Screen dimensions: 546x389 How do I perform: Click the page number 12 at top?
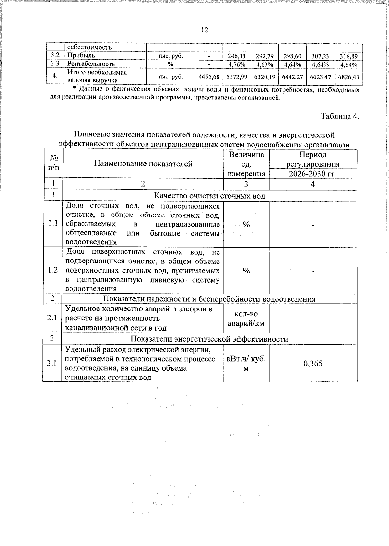[204, 30]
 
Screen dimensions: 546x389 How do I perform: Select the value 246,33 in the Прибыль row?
[237, 56]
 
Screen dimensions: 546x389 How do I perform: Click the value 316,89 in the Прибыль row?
[348, 56]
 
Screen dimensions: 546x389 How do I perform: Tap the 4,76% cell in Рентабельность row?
[237, 64]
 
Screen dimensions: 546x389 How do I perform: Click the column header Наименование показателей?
[143, 164]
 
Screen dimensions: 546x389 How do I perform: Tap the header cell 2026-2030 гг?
[313, 174]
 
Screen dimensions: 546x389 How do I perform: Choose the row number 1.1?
[53, 224]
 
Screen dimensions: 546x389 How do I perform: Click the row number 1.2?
[53, 270]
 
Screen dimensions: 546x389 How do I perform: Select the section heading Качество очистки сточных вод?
[209, 196]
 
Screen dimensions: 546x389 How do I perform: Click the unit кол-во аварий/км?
[246, 319]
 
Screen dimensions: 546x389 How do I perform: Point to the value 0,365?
[313, 363]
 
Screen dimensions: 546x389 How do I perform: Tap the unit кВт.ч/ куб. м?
[246, 363]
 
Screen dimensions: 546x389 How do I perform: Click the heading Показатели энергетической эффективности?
[209, 339]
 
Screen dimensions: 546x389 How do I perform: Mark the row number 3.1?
[52, 363]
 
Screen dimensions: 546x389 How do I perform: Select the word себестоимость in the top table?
[89, 47]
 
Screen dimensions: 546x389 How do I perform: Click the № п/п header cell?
[54, 163]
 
